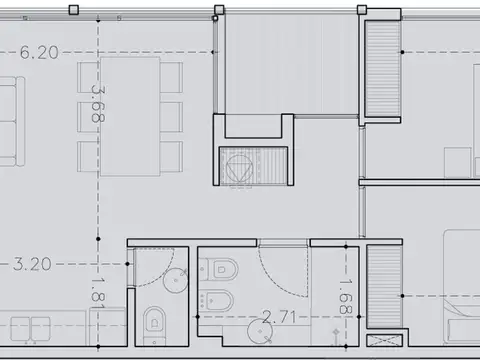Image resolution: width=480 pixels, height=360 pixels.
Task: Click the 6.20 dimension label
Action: (39, 53)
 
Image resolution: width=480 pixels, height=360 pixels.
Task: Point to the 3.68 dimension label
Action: (98, 103)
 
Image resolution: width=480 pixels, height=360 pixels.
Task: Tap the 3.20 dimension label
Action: (32, 265)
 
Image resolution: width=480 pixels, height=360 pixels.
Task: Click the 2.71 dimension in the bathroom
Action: (282, 318)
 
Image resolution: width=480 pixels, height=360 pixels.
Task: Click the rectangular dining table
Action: (129, 116)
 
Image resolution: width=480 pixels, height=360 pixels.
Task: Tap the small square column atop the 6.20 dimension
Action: (74, 10)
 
